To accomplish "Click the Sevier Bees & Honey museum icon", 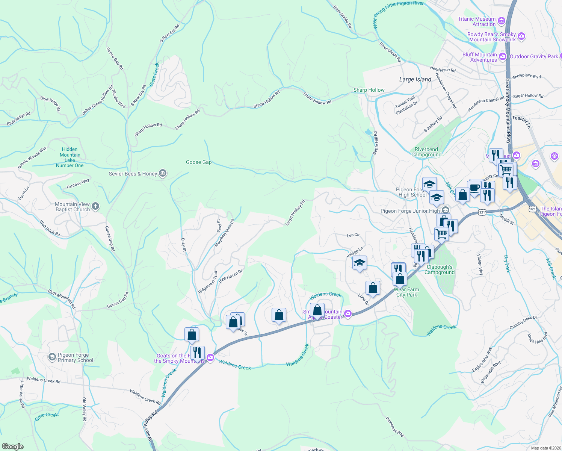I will point(163,173).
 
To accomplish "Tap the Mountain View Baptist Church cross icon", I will point(95,206).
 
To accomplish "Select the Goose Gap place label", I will point(199,162).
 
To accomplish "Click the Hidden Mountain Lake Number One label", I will point(70,157).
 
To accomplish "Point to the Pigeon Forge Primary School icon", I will point(53,357).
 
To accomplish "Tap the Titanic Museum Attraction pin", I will point(501,21).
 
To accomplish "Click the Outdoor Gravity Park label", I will point(534,56).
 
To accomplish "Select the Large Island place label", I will point(415,79).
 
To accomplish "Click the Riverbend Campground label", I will point(426,152).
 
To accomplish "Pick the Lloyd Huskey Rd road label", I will point(295,213).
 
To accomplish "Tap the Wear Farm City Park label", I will point(406,292).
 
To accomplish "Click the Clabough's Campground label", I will point(440,269).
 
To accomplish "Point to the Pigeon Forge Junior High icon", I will point(446,210).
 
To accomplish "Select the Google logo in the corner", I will point(13,446).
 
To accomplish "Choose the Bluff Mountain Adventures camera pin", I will point(503,57).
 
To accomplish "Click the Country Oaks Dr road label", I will point(523,322).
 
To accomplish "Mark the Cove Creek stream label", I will point(47,416).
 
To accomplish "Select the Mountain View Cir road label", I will point(224,233).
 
